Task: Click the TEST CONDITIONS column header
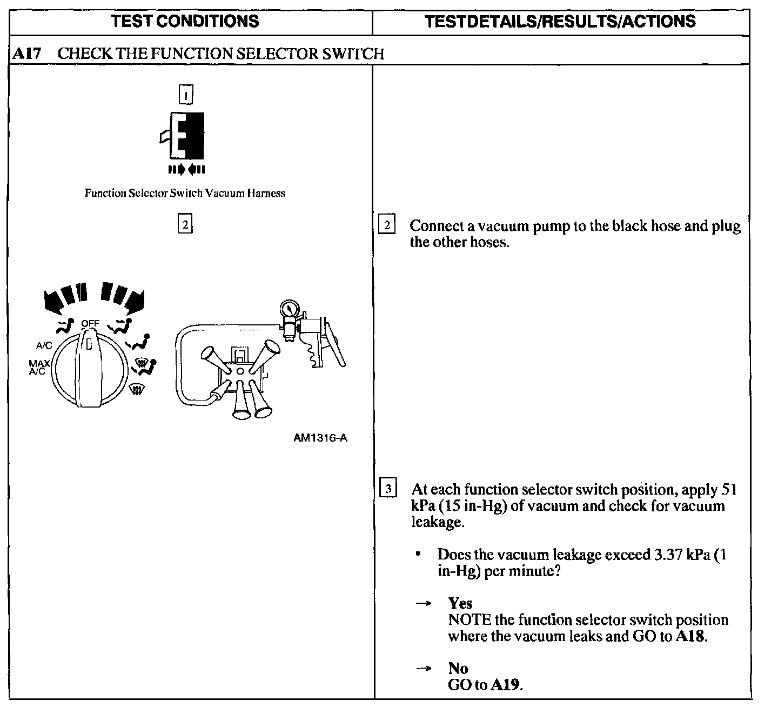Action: tap(185, 22)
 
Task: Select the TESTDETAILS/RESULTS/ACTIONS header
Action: tap(560, 22)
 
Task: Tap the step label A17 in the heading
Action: tap(26, 54)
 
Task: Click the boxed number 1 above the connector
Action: tap(185, 95)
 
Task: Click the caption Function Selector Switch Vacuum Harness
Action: tap(185, 193)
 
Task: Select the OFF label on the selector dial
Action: tap(90, 324)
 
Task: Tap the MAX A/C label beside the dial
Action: tap(39, 367)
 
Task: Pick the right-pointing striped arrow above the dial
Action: tap(124, 297)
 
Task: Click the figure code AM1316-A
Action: tap(320, 437)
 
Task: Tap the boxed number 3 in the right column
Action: tap(388, 489)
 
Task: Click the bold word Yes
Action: tap(460, 603)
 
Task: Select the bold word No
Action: tap(458, 668)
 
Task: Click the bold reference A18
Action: tap(690, 636)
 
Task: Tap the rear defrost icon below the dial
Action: tap(138, 388)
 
